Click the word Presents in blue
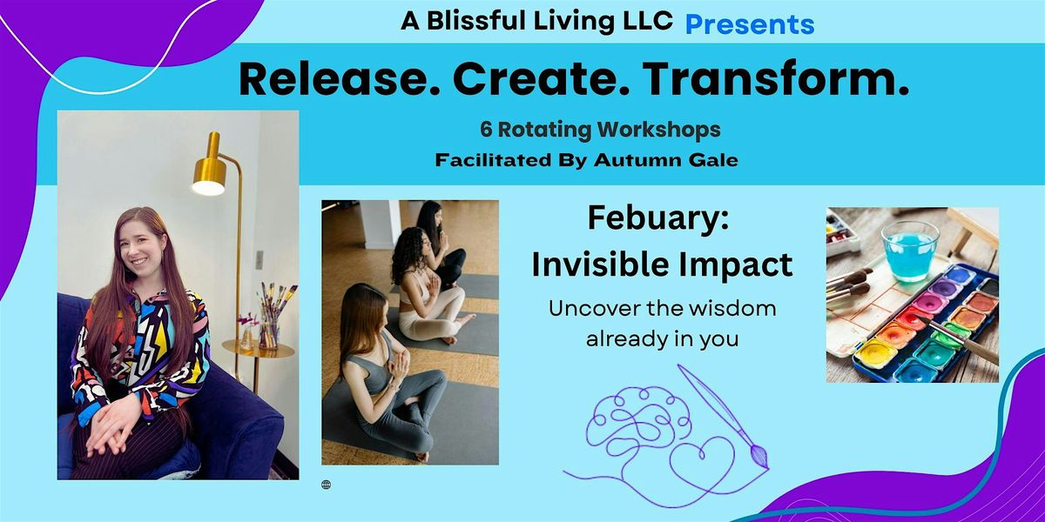pyautogui.click(x=750, y=24)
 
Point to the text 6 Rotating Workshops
pyautogui.click(x=600, y=129)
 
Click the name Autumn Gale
pyautogui.click(x=665, y=160)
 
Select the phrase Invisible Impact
pyautogui.click(x=662, y=264)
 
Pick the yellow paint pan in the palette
pyautogui.click(x=876, y=353)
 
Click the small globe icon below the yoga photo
pyautogui.click(x=326, y=485)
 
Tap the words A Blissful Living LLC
pyautogui.click(x=536, y=21)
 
